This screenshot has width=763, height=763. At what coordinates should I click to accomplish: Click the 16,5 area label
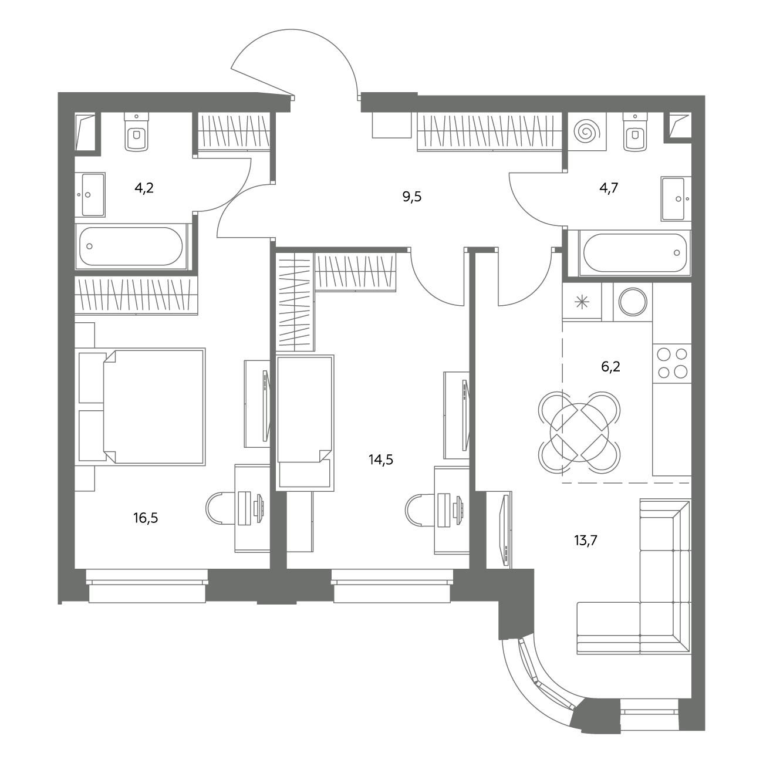146,518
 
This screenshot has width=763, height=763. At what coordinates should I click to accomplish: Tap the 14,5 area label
381,460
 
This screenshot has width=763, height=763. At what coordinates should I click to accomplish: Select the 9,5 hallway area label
412,197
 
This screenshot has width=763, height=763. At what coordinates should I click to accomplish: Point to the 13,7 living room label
586,540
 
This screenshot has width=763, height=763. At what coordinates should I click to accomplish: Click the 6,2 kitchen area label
610,367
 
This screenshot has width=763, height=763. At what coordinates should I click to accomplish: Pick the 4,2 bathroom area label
144,188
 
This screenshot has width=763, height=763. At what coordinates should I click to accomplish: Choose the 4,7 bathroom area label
609,188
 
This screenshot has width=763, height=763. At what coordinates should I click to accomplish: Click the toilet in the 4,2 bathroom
136,131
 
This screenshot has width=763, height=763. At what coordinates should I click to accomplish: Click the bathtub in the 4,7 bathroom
634,253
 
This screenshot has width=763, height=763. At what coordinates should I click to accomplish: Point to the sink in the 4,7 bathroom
676,199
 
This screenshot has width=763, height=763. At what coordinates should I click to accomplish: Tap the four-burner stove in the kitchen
672,364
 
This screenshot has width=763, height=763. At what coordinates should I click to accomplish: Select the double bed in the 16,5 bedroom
142,407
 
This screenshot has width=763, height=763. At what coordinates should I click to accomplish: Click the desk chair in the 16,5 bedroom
221,508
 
